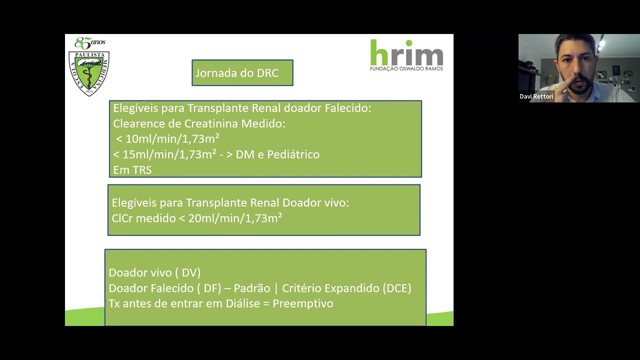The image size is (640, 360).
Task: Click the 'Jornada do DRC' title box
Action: pyautogui.click(x=242, y=73)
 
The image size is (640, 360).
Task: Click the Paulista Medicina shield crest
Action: pyautogui.click(x=88, y=73)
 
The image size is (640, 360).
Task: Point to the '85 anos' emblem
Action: pyautogui.click(x=90, y=43)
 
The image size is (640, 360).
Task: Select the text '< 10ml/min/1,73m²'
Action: pyautogui.click(x=167, y=139)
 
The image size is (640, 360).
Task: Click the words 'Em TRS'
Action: pyautogui.click(x=132, y=170)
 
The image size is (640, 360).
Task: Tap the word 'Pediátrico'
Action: pyautogui.click(x=293, y=154)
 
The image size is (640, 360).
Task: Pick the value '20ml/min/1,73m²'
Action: pyautogui.click(x=235, y=218)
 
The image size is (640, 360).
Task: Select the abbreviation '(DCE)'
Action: pyautogui.click(x=396, y=288)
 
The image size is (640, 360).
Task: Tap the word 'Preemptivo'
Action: pyautogui.click(x=302, y=304)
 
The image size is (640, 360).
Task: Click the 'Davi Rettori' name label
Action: pyautogui.click(x=536, y=96)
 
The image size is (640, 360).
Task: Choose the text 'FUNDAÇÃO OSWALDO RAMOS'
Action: pyautogui.click(x=406, y=68)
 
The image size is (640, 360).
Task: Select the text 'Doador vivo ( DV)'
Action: pyautogui.click(x=154, y=273)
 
